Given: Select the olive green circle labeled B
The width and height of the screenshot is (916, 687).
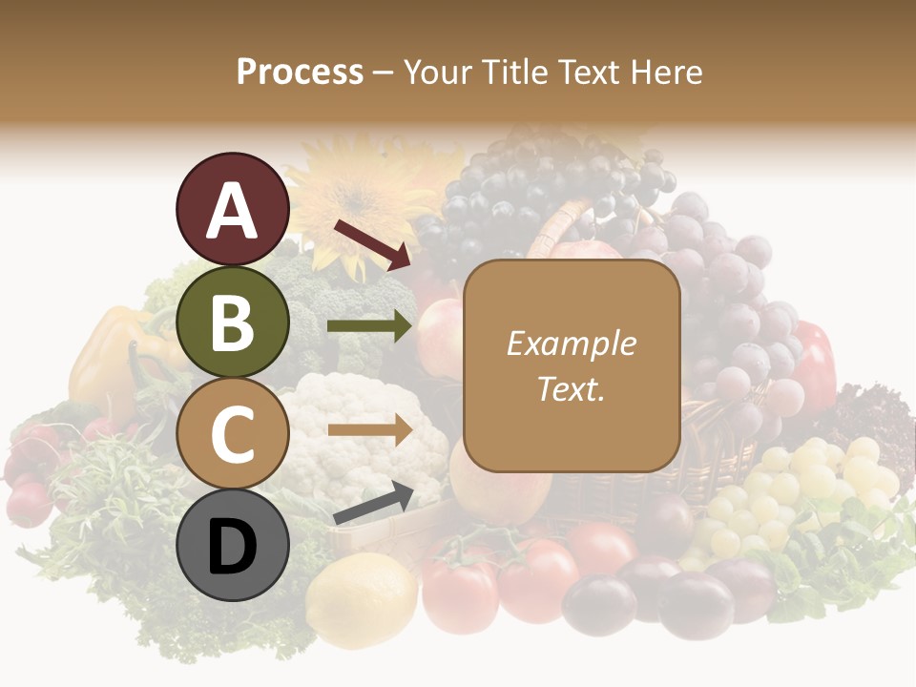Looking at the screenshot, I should (x=232, y=322).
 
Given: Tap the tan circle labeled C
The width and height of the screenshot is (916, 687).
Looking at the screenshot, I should (x=232, y=434).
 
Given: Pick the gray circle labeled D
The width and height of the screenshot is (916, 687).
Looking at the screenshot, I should (x=232, y=547).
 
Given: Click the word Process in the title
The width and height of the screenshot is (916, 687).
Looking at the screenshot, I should (x=300, y=72).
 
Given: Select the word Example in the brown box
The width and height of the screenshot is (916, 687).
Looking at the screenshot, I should (x=571, y=343).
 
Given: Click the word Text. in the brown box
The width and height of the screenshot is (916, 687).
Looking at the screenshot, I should (x=571, y=388).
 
